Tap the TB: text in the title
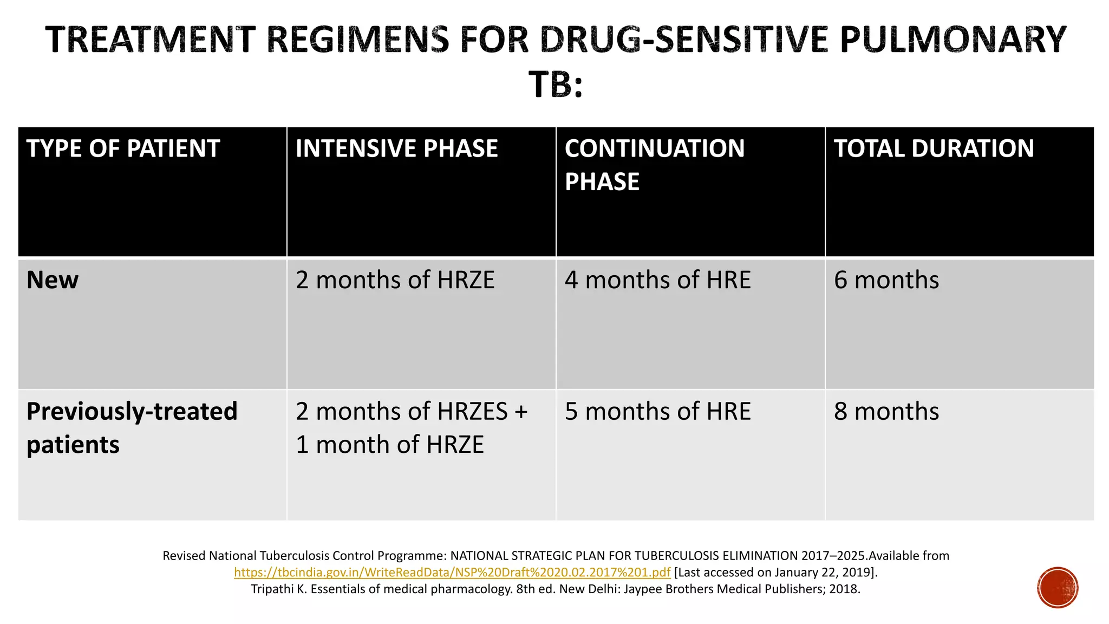point(556,84)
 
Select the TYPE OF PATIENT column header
point(123,148)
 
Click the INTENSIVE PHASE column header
point(396,148)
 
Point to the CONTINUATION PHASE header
point(654,164)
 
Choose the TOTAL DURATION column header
point(934,148)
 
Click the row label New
point(53,280)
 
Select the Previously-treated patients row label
point(132,427)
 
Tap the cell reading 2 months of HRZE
point(395,280)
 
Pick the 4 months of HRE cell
point(657,280)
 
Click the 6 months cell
point(886,280)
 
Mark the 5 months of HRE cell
point(657,411)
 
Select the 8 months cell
point(886,411)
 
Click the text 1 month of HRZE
point(389,445)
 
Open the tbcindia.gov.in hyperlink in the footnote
point(452,573)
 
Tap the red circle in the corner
point(1058,588)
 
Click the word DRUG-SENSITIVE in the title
point(684,40)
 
